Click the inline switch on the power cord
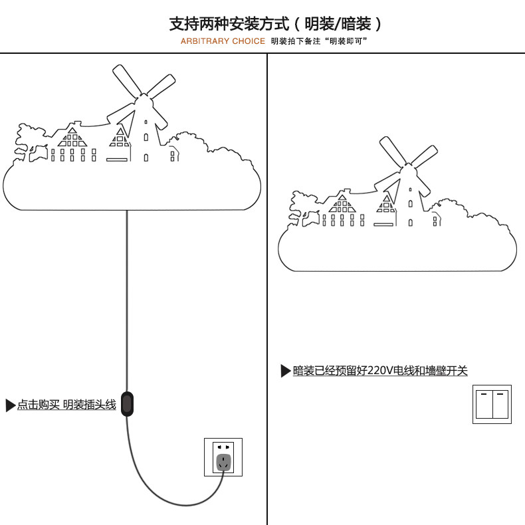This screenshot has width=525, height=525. pyautogui.click(x=127, y=403)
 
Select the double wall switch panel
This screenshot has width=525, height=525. pyautogui.click(x=492, y=403)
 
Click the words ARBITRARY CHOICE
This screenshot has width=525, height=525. pyautogui.click(x=223, y=41)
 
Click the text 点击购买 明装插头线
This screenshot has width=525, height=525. pyautogui.click(x=66, y=405)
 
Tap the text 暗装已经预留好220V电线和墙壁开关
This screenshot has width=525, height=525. pyautogui.click(x=380, y=371)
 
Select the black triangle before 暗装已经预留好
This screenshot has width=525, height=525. pyautogui.click(x=286, y=371)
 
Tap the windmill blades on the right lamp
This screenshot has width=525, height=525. pyautogui.click(x=408, y=159)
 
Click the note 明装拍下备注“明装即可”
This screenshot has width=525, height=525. pyautogui.click(x=319, y=41)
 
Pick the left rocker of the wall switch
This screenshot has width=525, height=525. pyautogui.click(x=483, y=403)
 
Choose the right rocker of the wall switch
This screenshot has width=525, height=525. pyautogui.click(x=500, y=403)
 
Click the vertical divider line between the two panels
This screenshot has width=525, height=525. pyautogui.click(x=267, y=299)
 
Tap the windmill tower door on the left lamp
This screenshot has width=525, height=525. pyautogui.click(x=146, y=157)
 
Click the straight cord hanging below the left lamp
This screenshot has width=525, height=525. pyautogui.click(x=126, y=299)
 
